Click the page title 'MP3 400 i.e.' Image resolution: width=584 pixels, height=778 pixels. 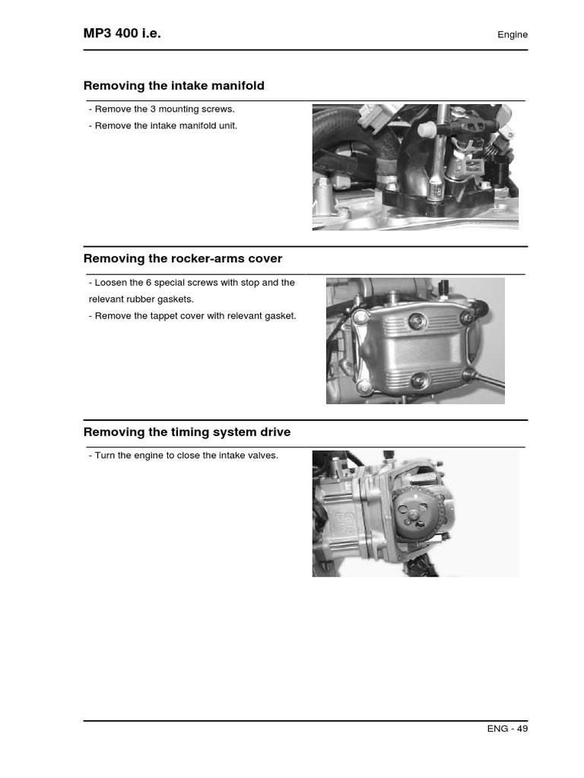122,33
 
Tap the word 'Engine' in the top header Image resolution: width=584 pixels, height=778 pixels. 512,34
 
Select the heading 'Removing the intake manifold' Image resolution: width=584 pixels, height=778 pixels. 173,86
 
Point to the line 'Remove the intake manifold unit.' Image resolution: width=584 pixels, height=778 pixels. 163,126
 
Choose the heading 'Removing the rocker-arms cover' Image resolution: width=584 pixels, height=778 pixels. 182,259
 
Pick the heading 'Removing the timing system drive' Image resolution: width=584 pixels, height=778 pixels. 186,432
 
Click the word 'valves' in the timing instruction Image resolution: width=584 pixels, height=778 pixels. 262,456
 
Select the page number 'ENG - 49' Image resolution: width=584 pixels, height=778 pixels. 507,729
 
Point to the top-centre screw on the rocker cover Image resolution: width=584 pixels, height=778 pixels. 416,321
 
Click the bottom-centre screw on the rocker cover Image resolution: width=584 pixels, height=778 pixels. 417,380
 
